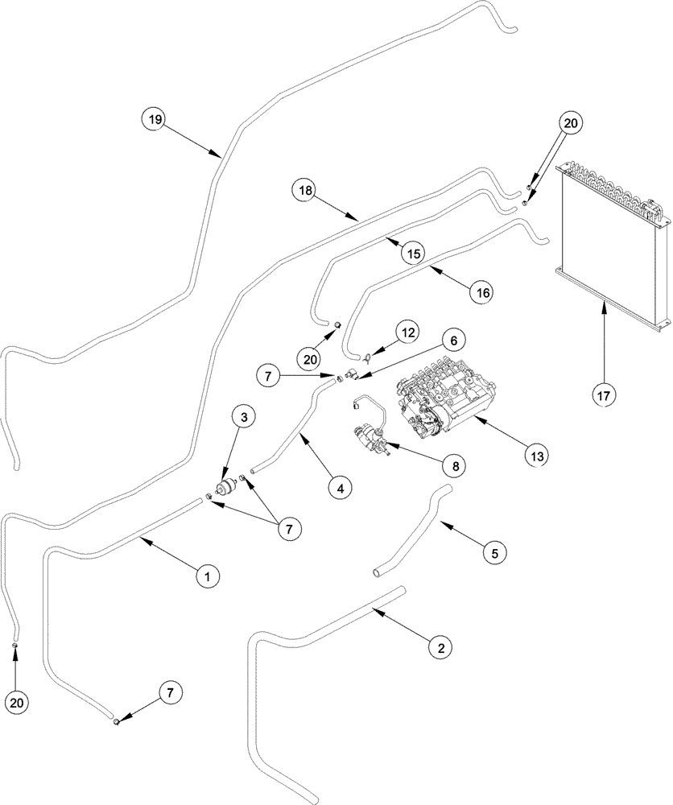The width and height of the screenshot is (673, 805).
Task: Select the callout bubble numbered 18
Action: pos(305,191)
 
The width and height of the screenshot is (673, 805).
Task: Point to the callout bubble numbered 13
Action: pos(537,456)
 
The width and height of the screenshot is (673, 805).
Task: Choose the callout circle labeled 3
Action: pos(243,416)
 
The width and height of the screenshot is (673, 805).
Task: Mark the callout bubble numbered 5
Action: pos(494,553)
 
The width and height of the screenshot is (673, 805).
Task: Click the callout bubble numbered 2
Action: pos(440,646)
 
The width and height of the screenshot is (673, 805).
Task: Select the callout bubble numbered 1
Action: pos(206,576)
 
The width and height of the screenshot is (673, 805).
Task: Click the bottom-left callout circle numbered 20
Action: pos(16,702)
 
